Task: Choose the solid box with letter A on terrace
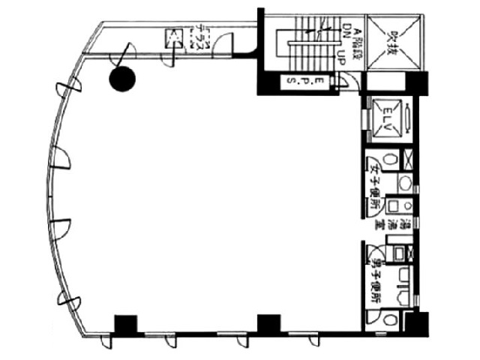[x=175, y=37]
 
